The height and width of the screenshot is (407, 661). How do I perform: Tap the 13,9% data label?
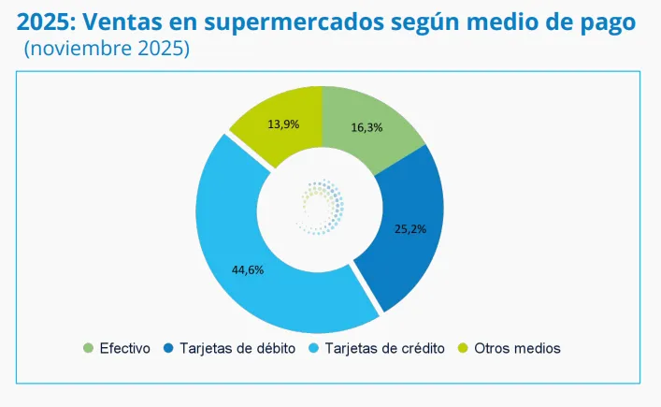pos(282,124)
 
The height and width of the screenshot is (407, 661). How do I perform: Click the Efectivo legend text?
pos(124,348)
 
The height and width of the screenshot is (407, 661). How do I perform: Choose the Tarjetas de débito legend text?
pos(237,348)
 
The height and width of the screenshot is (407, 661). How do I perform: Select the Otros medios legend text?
pos(517,348)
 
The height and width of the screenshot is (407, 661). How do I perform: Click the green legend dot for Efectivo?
pos(89,348)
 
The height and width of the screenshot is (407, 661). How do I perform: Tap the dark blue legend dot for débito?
pos(167,348)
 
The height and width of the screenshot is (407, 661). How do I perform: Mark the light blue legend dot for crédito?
pos(313,348)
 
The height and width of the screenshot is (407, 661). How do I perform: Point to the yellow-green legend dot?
pos(462,348)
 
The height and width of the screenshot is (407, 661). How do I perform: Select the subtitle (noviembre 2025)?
pos(106,49)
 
